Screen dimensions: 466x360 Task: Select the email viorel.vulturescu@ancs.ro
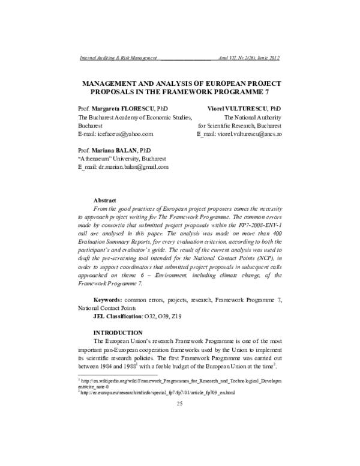click(x=252, y=135)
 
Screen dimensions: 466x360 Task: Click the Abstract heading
click(x=106, y=199)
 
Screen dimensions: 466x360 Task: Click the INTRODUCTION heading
click(x=118, y=333)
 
